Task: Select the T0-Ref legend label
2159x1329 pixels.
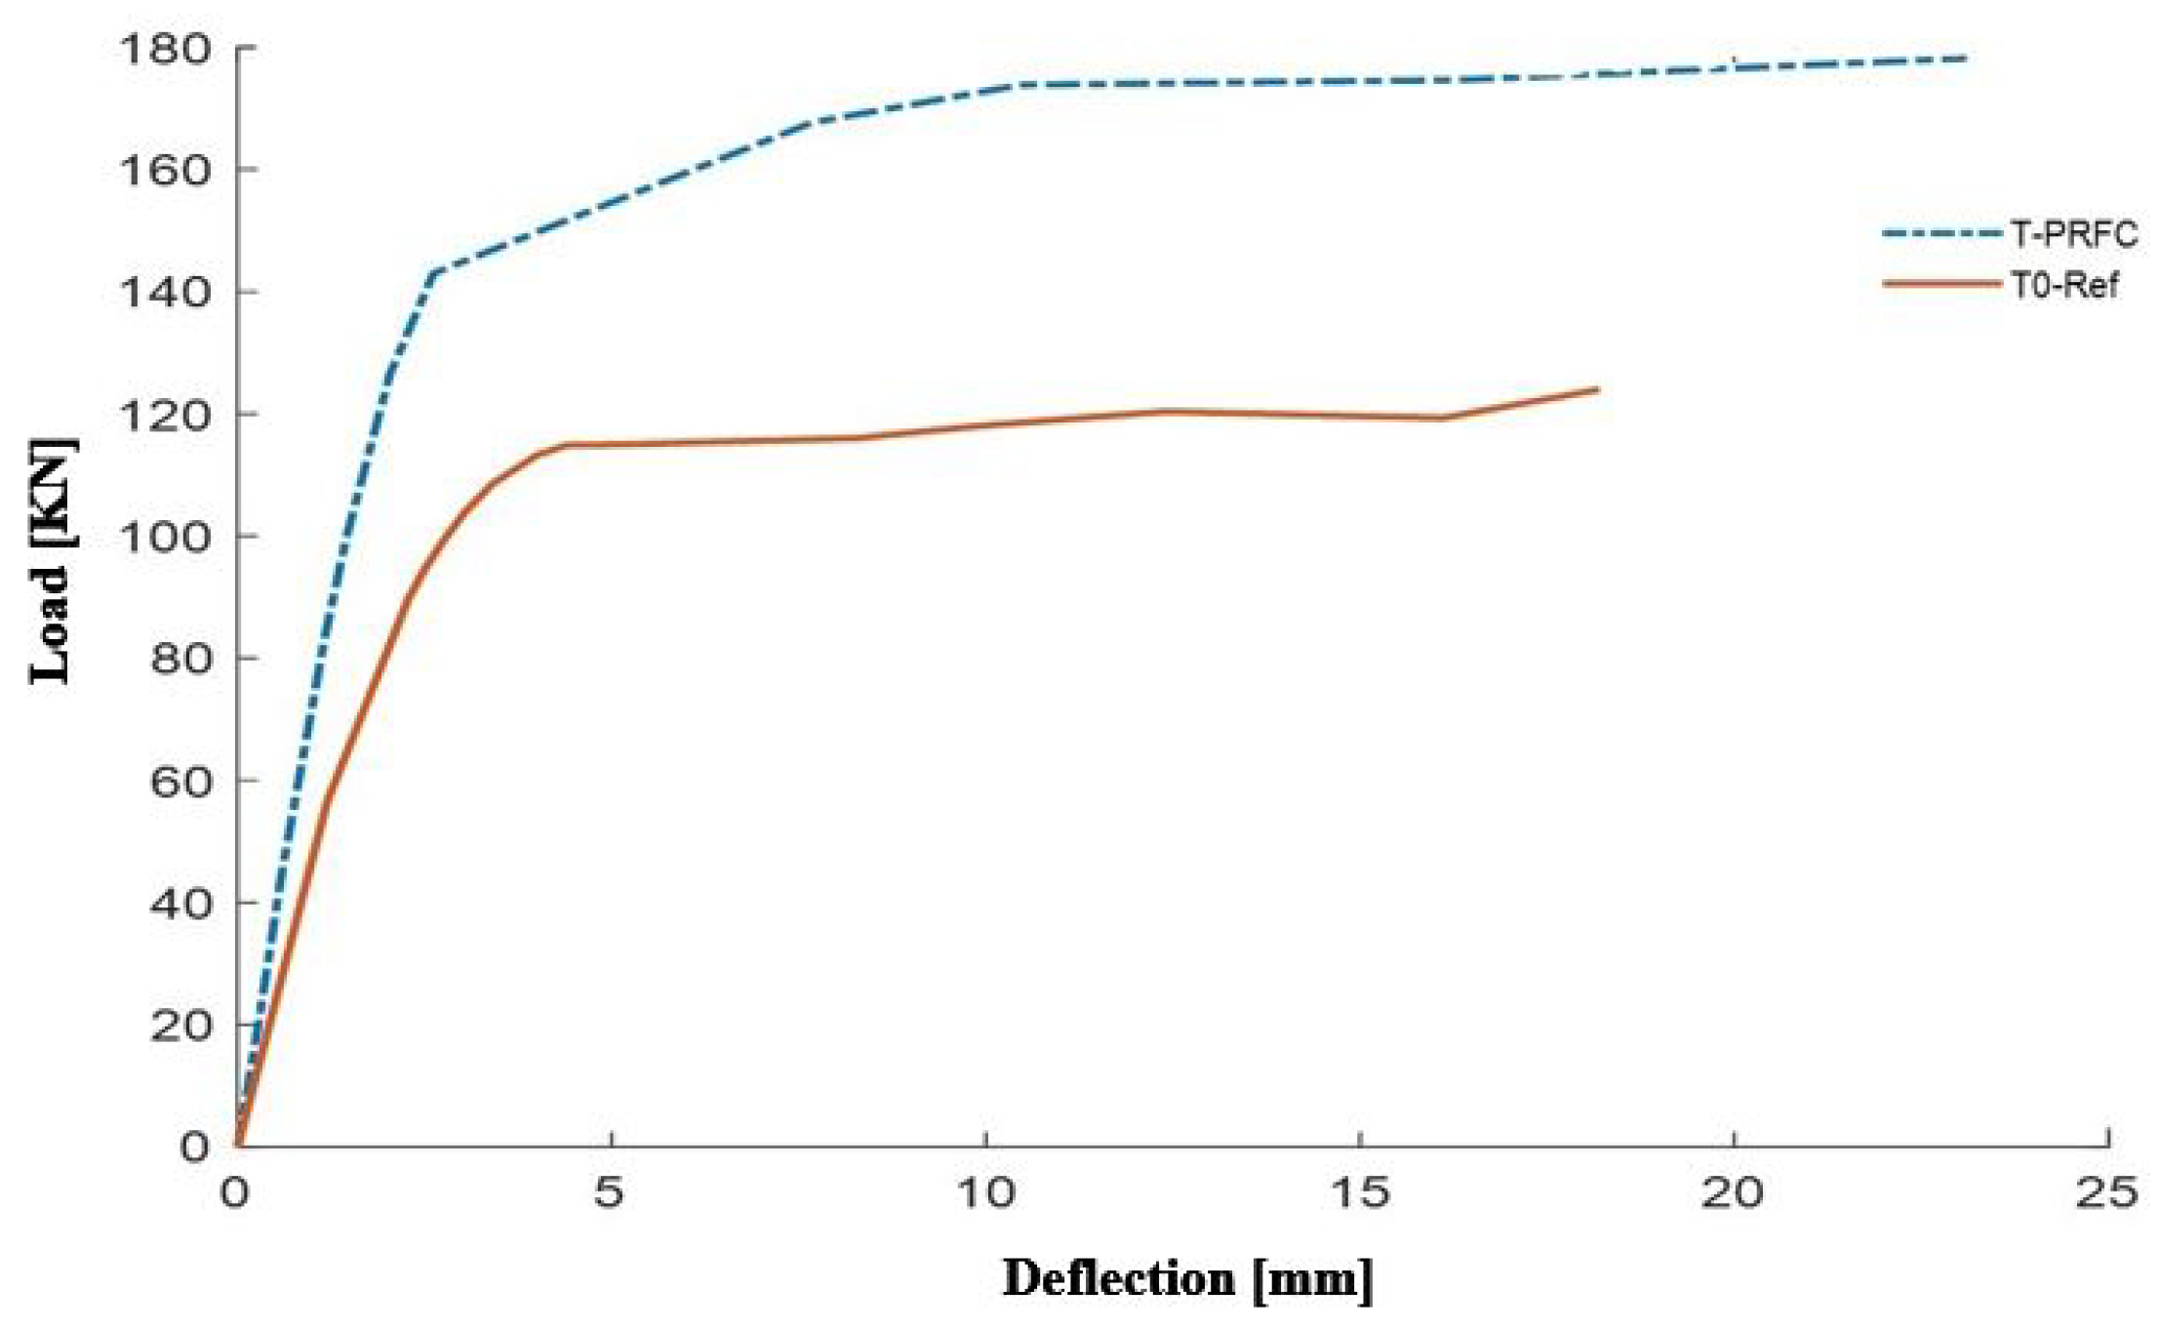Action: (x=2063, y=285)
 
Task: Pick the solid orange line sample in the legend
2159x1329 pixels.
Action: (x=1939, y=284)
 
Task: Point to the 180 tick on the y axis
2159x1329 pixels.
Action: (x=163, y=48)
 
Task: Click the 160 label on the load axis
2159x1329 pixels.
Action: (x=163, y=170)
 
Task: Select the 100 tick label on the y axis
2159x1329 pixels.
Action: (x=163, y=537)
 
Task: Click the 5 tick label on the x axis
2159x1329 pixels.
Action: (x=609, y=1192)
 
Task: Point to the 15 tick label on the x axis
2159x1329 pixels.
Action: (x=1359, y=1192)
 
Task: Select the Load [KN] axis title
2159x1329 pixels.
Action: (x=51, y=563)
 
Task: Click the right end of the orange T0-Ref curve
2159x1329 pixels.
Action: (x=1597, y=389)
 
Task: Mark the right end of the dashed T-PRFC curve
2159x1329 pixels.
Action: (x=1965, y=59)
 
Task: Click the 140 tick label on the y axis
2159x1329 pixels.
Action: (x=163, y=292)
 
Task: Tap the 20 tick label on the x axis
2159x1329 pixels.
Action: (x=1733, y=1192)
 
